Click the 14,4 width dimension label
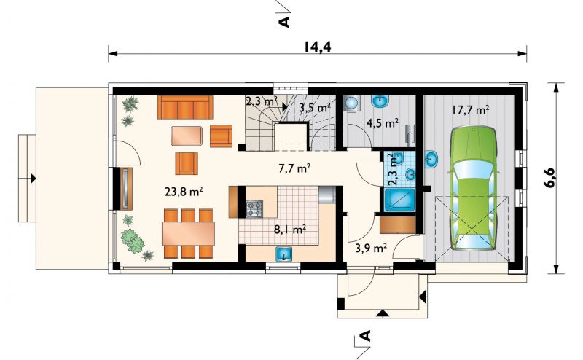[x=318, y=47]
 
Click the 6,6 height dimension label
[x=551, y=178]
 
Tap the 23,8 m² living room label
[x=184, y=192]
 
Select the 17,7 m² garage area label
[x=470, y=110]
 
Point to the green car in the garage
[x=473, y=188]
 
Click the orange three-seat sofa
[x=185, y=107]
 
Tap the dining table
[x=188, y=233]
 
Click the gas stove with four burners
[x=254, y=208]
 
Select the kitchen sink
[x=284, y=254]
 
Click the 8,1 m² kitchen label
[x=290, y=229]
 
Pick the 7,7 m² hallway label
[x=294, y=168]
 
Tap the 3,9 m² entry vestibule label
[x=371, y=248]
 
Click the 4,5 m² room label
[x=383, y=122]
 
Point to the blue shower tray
[x=399, y=200]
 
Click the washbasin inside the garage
[x=431, y=160]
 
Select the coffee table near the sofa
[x=187, y=136]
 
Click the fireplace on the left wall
[x=126, y=188]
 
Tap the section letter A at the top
[x=284, y=22]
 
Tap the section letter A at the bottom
[x=366, y=336]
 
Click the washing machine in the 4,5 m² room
[x=352, y=103]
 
